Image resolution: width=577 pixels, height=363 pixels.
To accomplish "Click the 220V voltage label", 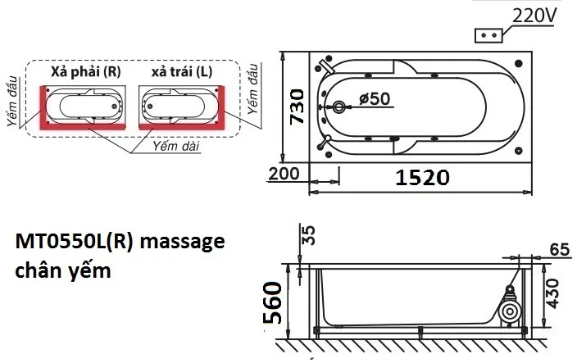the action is [534, 16].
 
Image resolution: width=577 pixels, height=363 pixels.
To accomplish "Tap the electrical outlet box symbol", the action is [489, 36].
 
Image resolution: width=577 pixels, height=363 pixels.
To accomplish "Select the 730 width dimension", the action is [297, 107].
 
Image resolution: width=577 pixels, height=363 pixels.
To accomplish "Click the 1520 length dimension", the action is [422, 177].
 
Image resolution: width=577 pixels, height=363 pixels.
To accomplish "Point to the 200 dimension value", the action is [284, 174].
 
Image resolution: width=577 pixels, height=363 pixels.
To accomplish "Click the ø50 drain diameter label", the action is [375, 98].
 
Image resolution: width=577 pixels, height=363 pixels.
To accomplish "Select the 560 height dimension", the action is [273, 302].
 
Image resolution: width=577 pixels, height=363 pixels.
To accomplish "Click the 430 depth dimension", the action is [552, 293].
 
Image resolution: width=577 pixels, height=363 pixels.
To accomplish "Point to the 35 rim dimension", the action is [308, 235].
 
